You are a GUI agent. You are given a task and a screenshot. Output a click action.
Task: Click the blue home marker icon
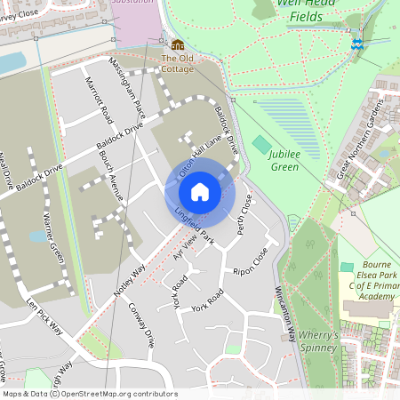coord(199,191)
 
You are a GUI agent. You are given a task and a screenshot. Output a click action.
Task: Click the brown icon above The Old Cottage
coord(178,44)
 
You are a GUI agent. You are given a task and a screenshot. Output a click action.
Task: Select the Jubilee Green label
coord(284,160)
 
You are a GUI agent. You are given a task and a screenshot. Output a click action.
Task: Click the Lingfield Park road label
coord(196,226)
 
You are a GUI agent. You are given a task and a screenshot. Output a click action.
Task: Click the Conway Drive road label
coord(142,325)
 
